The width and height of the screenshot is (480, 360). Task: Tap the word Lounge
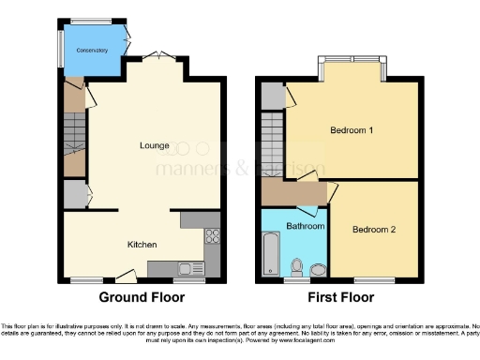(x=155, y=145)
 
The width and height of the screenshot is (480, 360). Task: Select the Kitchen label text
(x=142, y=244)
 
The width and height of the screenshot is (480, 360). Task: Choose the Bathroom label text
(x=306, y=227)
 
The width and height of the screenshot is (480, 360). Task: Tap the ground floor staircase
(x=74, y=141)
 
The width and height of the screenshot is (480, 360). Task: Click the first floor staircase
(x=272, y=141)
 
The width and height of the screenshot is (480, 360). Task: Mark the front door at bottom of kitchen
(x=124, y=277)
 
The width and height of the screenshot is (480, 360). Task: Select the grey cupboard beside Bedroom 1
(x=272, y=94)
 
